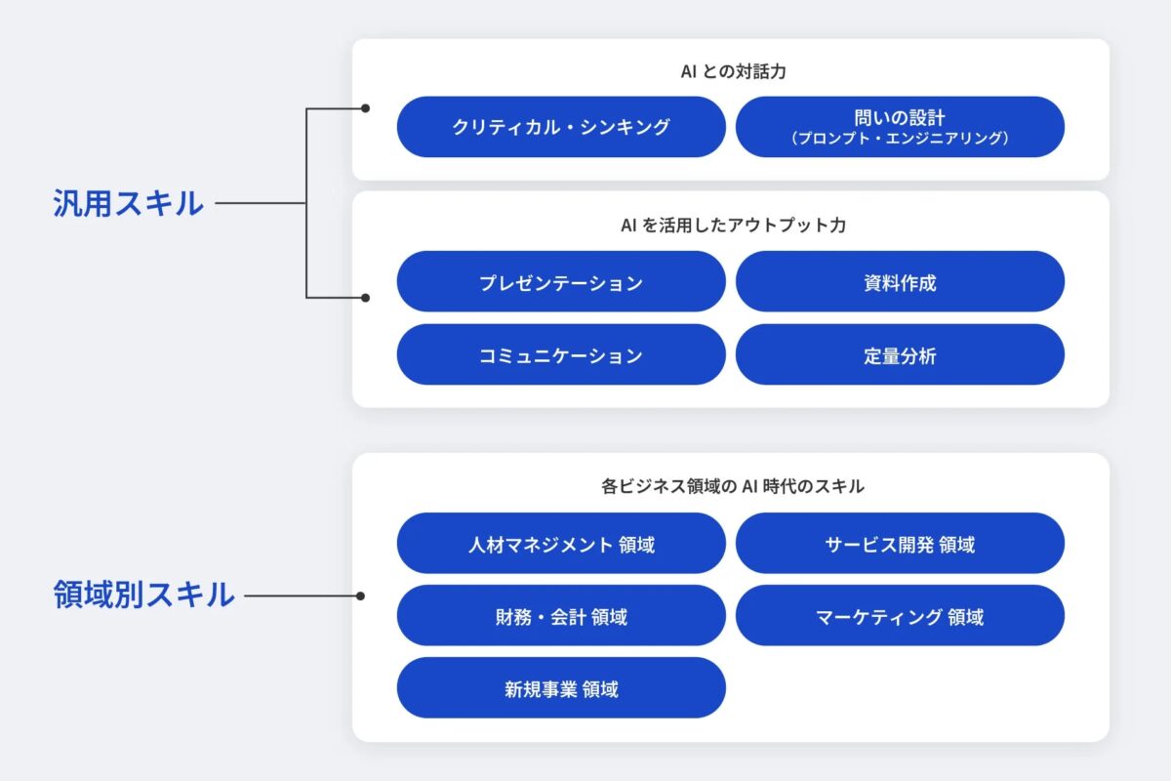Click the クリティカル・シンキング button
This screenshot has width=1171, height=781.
coord(561,127)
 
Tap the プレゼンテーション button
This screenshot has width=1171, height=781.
coord(561,282)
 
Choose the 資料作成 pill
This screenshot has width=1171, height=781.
coord(900,282)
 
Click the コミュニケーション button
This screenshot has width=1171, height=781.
coord(561,354)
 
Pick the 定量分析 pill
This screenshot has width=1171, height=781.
coord(900,354)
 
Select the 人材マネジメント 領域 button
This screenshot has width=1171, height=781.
coord(561,544)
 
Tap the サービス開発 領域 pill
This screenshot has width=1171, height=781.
coord(900,544)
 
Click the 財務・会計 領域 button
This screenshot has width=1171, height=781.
coord(561,616)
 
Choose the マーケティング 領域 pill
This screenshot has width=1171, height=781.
coord(900,616)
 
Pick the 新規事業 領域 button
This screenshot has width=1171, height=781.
coord(561,688)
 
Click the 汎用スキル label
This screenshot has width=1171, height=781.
coord(128,203)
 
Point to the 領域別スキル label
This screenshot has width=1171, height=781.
coord(143,595)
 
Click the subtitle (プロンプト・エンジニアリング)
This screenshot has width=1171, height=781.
coord(900,139)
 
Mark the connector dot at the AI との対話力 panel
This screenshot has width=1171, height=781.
coord(365,108)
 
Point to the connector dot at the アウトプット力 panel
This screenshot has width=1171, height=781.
coord(365,297)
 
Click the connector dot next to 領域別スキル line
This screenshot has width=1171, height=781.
coord(360,595)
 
